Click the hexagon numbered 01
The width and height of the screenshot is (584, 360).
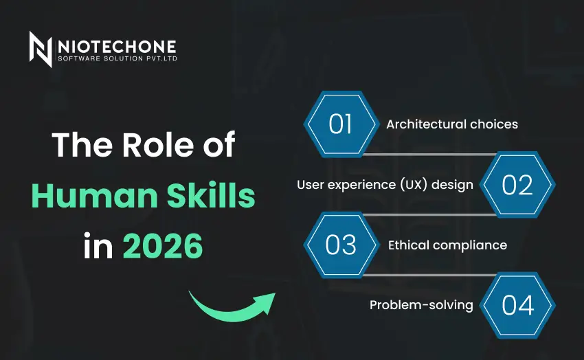[x=341, y=124]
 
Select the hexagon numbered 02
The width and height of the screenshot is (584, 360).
[x=517, y=185]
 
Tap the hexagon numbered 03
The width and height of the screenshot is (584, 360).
[x=341, y=245]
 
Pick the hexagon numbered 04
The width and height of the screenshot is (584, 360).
[x=517, y=305]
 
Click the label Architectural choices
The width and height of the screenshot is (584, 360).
[x=451, y=124]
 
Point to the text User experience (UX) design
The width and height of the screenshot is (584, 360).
[x=385, y=185]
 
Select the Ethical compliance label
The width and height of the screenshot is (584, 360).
[x=447, y=245]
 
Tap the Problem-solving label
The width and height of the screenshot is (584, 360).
[x=421, y=305]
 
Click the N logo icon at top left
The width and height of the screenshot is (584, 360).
[x=41, y=49]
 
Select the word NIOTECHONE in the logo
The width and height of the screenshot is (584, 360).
[x=117, y=46]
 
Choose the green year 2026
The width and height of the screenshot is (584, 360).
[x=163, y=246]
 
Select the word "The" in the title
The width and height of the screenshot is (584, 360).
[x=76, y=146]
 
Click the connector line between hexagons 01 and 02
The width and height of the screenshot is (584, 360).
[x=429, y=155]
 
